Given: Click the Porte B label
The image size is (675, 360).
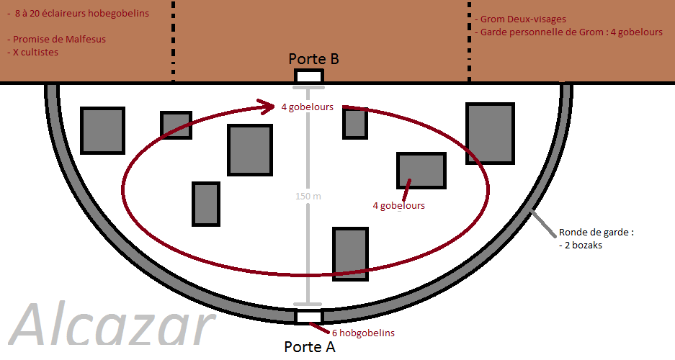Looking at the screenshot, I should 313,59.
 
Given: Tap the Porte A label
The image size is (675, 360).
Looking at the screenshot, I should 310,347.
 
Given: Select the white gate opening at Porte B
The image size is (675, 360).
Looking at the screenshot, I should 309,76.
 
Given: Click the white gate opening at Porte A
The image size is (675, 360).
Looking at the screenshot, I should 309,317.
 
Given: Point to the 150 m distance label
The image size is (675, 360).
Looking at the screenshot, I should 308,197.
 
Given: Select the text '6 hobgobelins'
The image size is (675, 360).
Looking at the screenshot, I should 363,333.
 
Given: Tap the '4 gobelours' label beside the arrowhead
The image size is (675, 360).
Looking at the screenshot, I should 308,108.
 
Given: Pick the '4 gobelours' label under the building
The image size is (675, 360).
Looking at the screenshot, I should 398,206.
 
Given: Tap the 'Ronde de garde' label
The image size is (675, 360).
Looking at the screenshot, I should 596,233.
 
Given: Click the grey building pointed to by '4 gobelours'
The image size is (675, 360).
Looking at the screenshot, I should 421,170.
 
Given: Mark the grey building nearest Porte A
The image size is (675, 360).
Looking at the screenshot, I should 350,253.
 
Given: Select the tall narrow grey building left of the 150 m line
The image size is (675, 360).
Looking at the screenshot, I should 206,204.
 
